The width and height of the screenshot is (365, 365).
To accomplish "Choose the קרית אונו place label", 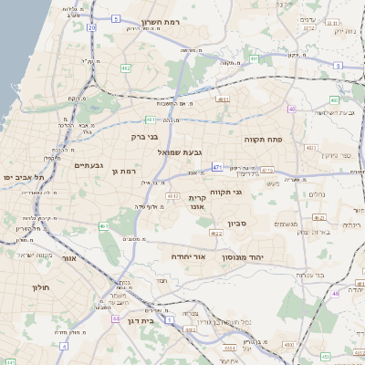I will (x=201, y=203).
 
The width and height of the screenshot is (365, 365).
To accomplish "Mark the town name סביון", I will (x=239, y=223).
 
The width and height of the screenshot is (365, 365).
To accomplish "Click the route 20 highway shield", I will (x=91, y=28).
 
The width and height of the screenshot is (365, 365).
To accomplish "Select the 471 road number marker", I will (x=216, y=167).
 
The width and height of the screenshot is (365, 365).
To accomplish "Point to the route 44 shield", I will (x=117, y=318).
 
